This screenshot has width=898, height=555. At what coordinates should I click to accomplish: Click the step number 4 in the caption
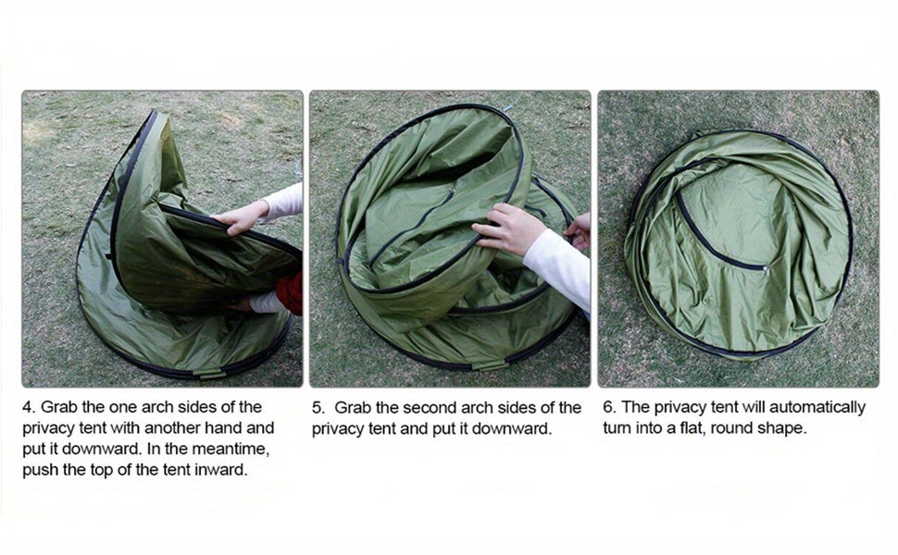(x=29, y=407)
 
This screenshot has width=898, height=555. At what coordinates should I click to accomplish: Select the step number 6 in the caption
(x=609, y=407)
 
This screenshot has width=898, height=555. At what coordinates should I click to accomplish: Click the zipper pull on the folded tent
(x=766, y=267)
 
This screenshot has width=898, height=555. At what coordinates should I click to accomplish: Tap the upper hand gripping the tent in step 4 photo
(x=241, y=216)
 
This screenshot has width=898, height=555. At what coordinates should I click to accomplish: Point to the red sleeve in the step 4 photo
(x=291, y=293)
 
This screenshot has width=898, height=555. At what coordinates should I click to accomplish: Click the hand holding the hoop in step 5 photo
(x=507, y=228)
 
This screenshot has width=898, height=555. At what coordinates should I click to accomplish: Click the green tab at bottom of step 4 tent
(x=209, y=375)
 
